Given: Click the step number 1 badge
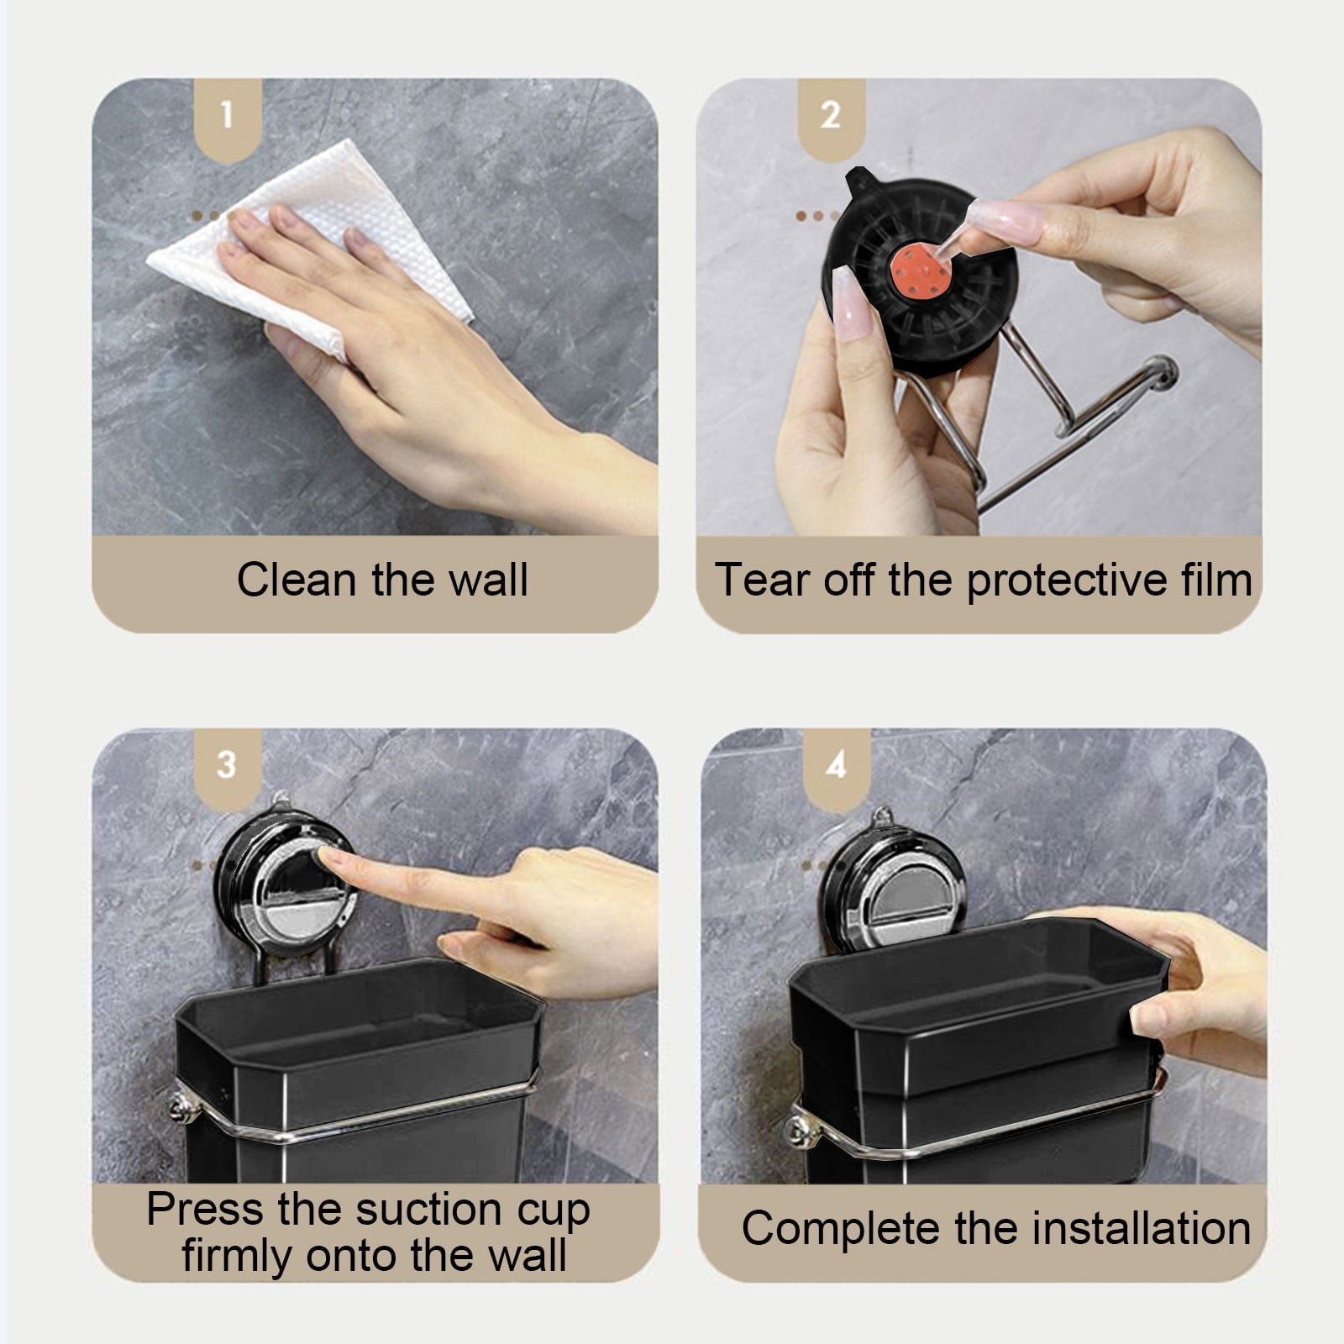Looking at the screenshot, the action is coord(228,118).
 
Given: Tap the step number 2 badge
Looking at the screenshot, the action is coord(831,118).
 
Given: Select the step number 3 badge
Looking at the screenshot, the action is coord(228,767).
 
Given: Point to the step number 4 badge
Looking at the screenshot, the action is coord(837,767).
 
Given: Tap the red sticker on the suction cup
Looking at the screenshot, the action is coord(921,270).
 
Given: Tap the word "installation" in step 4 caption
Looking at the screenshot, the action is coord(1142,1228).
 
